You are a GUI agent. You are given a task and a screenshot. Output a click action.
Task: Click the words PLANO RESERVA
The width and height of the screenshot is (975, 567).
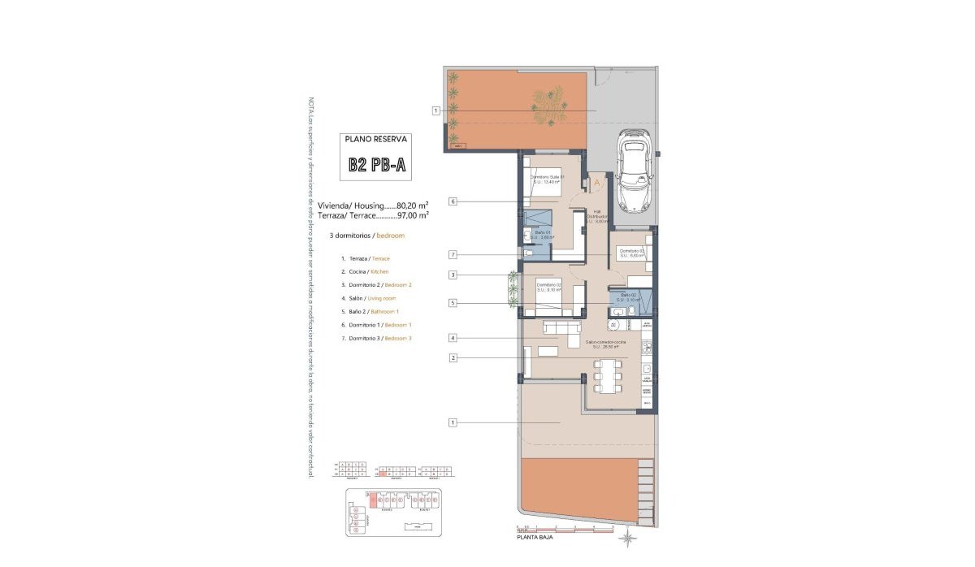point(376,139)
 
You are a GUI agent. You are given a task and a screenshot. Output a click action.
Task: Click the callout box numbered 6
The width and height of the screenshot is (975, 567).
point(453,201)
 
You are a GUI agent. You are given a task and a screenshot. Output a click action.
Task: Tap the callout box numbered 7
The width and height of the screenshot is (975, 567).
point(453,255)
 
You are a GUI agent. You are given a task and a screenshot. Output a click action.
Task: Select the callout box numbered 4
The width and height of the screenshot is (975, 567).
point(453,337)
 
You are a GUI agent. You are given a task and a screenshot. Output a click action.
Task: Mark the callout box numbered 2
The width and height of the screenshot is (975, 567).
point(453,357)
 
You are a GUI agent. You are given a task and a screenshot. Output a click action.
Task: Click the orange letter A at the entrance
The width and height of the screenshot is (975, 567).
point(597,183)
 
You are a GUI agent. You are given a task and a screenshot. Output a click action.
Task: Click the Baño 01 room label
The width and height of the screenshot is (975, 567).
point(543,235)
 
